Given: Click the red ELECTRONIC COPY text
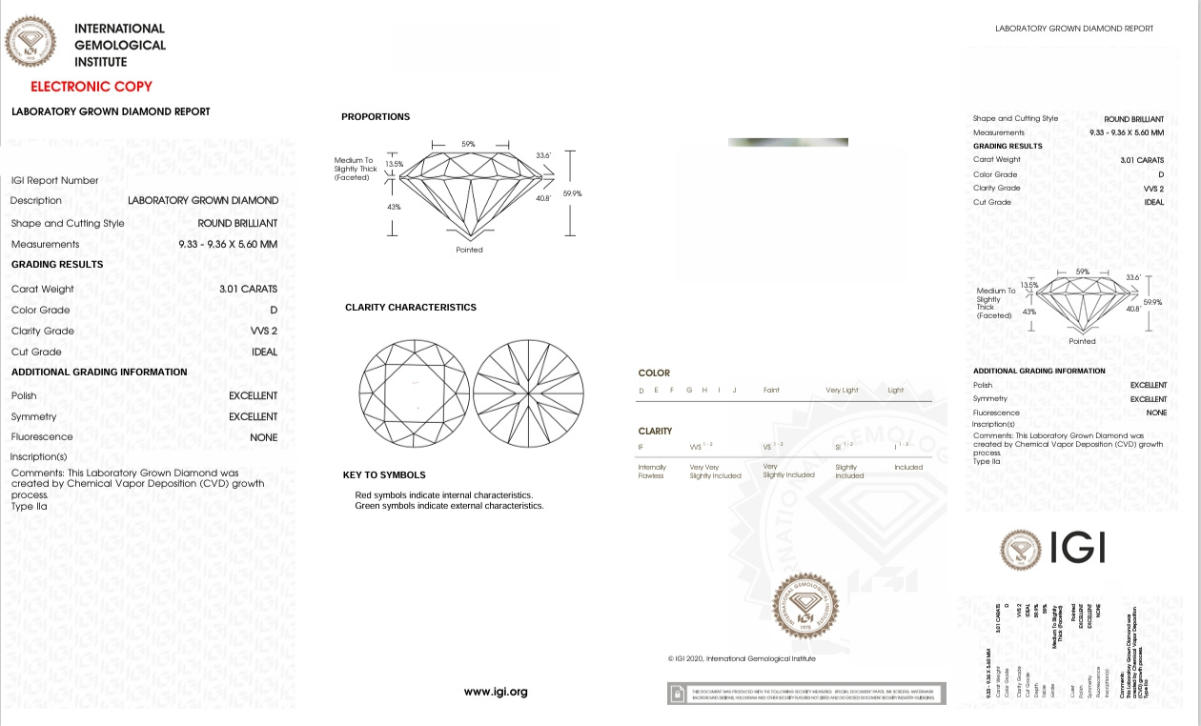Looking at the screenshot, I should click(91, 87).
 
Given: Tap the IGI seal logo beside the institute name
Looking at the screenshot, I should click(31, 43).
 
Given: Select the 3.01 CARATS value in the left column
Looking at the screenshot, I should click(248, 289).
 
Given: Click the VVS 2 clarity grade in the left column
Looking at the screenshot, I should click(263, 331).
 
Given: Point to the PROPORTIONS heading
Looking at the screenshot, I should click(376, 117).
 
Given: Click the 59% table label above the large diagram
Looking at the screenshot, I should click(468, 144).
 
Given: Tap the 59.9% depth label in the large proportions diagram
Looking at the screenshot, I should click(572, 193).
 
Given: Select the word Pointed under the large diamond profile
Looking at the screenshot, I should click(469, 250).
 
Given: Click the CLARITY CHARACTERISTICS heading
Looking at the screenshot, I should click(411, 308).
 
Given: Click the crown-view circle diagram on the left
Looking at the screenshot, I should click(411, 391).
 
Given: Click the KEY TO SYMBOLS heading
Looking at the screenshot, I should click(384, 475).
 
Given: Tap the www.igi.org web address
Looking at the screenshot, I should click(496, 692).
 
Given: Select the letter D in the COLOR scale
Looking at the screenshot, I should click(641, 391).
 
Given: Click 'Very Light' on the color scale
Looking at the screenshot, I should click(842, 391).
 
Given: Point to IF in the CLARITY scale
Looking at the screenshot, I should click(641, 447).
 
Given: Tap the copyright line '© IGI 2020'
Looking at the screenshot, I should click(742, 658).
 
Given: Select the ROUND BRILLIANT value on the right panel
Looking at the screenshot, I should click(1133, 119).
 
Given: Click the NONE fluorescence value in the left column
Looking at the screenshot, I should click(263, 437).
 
